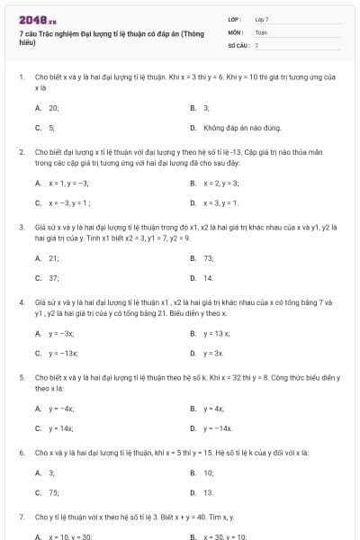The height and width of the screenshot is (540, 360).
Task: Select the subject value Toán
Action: pos(261,31)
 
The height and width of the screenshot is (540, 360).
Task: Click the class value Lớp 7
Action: pos(262,19)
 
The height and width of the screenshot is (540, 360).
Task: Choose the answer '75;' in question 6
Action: pos(53,492)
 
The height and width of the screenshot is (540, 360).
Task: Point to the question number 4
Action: pos(22,301)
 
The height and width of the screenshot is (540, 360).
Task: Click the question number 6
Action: pos(22,451)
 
